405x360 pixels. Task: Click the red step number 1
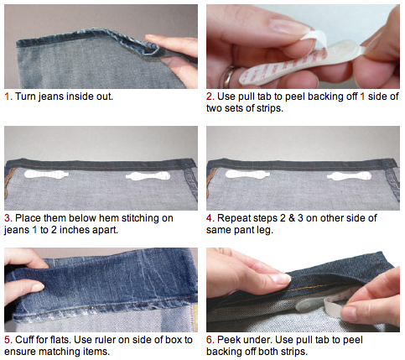(x=8, y=97)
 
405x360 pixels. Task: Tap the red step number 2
(x=210, y=97)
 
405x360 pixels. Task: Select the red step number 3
(x=8, y=218)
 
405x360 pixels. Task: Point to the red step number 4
(x=210, y=218)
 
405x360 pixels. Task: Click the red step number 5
(x=8, y=340)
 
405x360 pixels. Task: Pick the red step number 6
(x=210, y=340)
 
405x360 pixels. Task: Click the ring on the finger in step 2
(x=229, y=76)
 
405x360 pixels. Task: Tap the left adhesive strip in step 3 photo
(x=46, y=175)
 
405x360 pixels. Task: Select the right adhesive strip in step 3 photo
(x=148, y=176)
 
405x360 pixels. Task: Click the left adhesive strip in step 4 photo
(x=247, y=175)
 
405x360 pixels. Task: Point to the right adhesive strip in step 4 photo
(x=349, y=176)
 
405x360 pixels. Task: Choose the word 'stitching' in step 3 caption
(x=148, y=218)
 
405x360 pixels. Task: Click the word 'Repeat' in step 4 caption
(x=233, y=218)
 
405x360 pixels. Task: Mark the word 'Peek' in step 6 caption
(x=227, y=340)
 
